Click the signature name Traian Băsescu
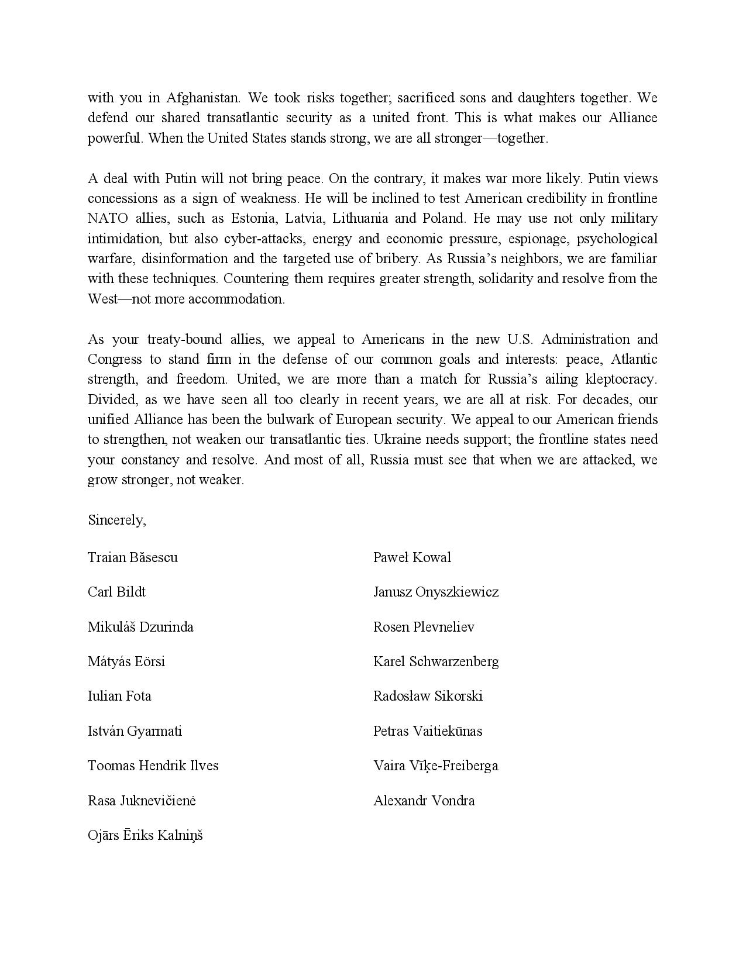(133, 557)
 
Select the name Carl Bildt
(116, 592)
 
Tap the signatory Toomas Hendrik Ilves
(153, 766)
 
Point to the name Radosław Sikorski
(428, 696)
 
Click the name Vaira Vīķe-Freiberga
(435, 766)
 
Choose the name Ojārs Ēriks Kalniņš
(145, 835)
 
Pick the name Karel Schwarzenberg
(436, 661)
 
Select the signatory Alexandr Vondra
(424, 801)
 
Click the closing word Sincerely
(116, 520)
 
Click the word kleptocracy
(621, 379)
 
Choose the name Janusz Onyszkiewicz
(436, 592)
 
